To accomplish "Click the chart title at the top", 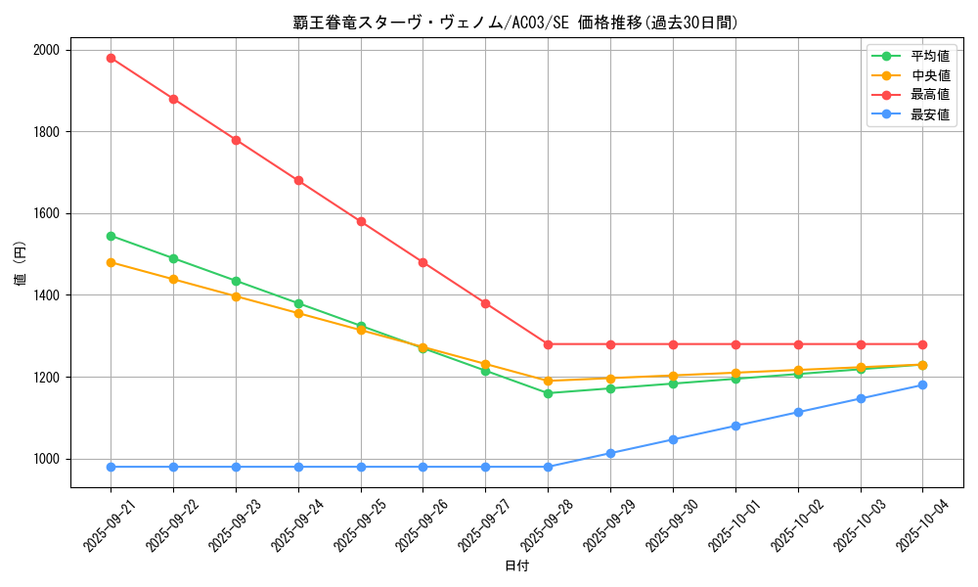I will pyautogui.click(x=515, y=23).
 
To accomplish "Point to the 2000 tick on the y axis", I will pyautogui.click(x=46, y=50).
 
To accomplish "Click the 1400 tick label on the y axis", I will pyautogui.click(x=46, y=295).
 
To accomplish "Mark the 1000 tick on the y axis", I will pyautogui.click(x=46, y=459).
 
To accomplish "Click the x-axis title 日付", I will pyautogui.click(x=516, y=566).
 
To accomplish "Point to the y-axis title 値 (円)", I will pyautogui.click(x=21, y=266).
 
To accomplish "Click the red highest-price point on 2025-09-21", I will pyautogui.click(x=111, y=58).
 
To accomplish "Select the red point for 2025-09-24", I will pyautogui.click(x=298, y=181).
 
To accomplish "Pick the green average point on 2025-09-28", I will pyautogui.click(x=548, y=393).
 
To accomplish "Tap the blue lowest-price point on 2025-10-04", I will pyautogui.click(x=922, y=384).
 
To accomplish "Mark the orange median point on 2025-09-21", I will pyautogui.click(x=111, y=262).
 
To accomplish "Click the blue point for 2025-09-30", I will pyautogui.click(x=673, y=439).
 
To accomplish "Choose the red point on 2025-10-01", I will pyautogui.click(x=735, y=344).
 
